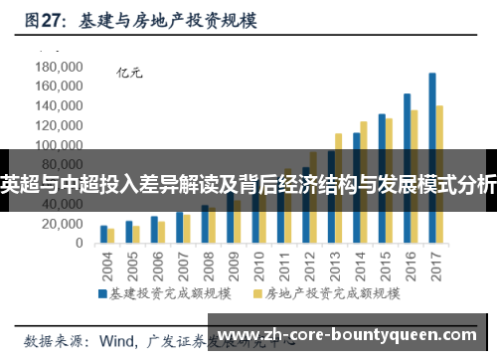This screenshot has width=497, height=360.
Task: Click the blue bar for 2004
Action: pos(103,234)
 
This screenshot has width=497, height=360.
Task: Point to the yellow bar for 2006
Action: pos(161,232)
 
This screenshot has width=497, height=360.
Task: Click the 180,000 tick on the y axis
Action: pos(58,67)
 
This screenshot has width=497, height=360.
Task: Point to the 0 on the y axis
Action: pos(80,243)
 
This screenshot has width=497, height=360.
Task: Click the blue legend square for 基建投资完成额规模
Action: pos(102,294)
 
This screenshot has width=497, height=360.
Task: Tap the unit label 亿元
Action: pos(130,72)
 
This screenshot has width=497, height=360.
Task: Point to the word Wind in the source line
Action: pos(119,339)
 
